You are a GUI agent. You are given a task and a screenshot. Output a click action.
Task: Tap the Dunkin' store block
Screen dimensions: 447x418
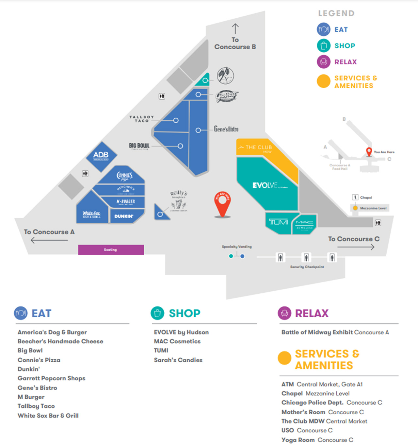126,216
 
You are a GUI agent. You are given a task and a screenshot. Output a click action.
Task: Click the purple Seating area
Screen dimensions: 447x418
111,249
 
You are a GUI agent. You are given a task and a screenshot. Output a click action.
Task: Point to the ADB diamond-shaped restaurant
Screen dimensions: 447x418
101,156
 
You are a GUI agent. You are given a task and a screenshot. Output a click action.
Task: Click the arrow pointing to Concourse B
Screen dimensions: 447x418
235,28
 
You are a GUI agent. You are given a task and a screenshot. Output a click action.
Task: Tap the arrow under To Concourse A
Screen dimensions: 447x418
49,240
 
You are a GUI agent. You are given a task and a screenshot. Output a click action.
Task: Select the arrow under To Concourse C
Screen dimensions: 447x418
356,247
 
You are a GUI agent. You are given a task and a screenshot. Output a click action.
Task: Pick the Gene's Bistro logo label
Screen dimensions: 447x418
226,129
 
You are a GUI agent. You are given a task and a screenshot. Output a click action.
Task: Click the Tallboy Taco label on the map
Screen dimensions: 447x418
141,119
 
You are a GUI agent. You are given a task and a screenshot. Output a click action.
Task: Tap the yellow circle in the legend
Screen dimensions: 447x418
323,81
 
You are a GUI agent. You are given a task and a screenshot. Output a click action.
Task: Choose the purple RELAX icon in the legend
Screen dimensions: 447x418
323,62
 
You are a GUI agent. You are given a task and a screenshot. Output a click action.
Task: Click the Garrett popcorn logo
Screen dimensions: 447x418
226,95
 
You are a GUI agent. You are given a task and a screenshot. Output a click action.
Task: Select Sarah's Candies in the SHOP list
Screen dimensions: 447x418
178,360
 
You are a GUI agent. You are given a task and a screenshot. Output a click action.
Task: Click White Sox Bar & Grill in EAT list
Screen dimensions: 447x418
48,416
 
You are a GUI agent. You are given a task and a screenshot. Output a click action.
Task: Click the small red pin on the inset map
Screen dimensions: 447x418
369,152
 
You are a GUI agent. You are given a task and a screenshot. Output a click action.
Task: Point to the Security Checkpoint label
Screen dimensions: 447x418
307,267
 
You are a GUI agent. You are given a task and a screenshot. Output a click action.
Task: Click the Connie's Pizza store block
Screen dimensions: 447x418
124,177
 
